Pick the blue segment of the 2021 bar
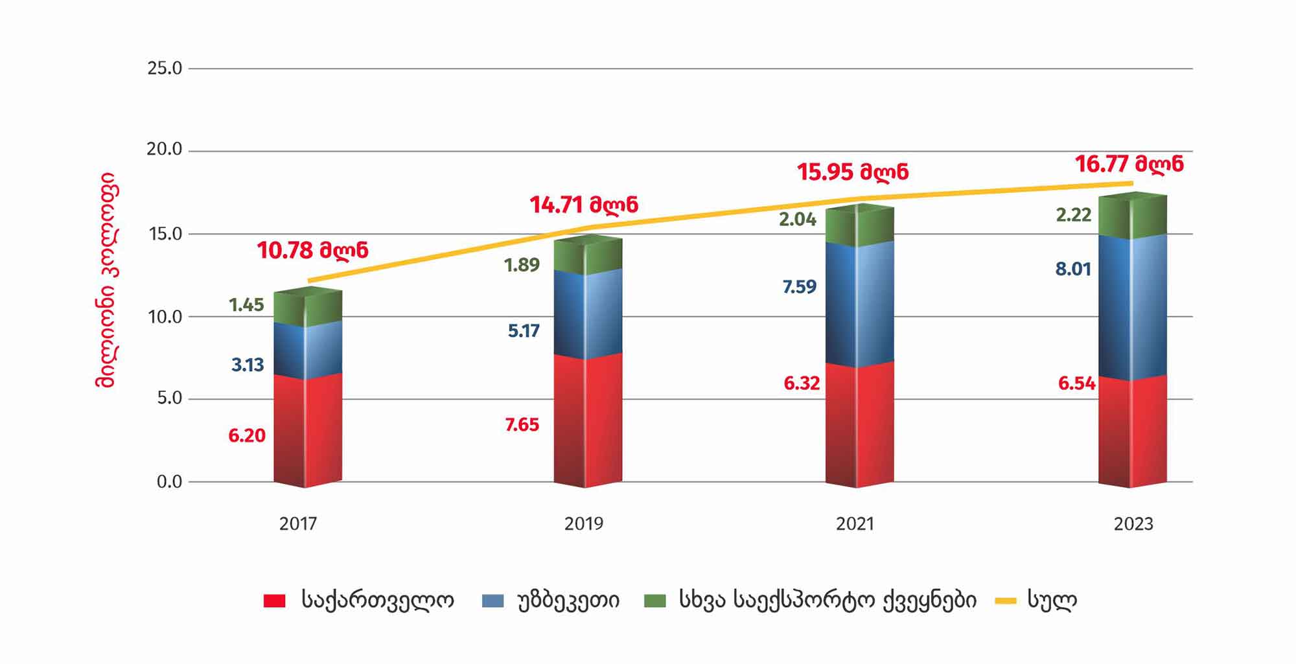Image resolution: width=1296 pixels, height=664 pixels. pyautogui.click(x=859, y=304)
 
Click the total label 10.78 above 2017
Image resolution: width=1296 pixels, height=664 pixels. pyautogui.click(x=312, y=251)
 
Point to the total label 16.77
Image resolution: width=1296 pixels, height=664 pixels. pyautogui.click(x=1129, y=164)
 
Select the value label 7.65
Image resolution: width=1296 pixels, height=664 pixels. pyautogui.click(x=522, y=425)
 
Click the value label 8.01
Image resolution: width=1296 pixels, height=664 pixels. pyautogui.click(x=1073, y=269)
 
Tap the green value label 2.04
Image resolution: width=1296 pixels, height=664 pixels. pyautogui.click(x=797, y=220)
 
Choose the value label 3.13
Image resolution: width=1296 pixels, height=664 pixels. pyautogui.click(x=248, y=365)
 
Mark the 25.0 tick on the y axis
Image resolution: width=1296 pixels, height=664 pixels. pyautogui.click(x=165, y=69)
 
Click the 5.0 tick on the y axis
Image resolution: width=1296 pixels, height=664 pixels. pyautogui.click(x=169, y=398)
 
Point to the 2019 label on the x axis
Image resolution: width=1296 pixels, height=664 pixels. pyautogui.click(x=583, y=524)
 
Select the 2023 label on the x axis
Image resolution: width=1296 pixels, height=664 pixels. pyautogui.click(x=1133, y=524)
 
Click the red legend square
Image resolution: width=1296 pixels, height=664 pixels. pyautogui.click(x=274, y=601)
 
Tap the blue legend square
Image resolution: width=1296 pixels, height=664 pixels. pyautogui.click(x=492, y=601)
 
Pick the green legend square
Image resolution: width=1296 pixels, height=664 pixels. pyautogui.click(x=654, y=601)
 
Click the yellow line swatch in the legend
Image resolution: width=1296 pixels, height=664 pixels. pyautogui.click(x=1005, y=601)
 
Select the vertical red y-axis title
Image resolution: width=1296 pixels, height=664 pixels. pyautogui.click(x=105, y=280)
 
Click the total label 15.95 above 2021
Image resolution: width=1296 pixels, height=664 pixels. pyautogui.click(x=852, y=172)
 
